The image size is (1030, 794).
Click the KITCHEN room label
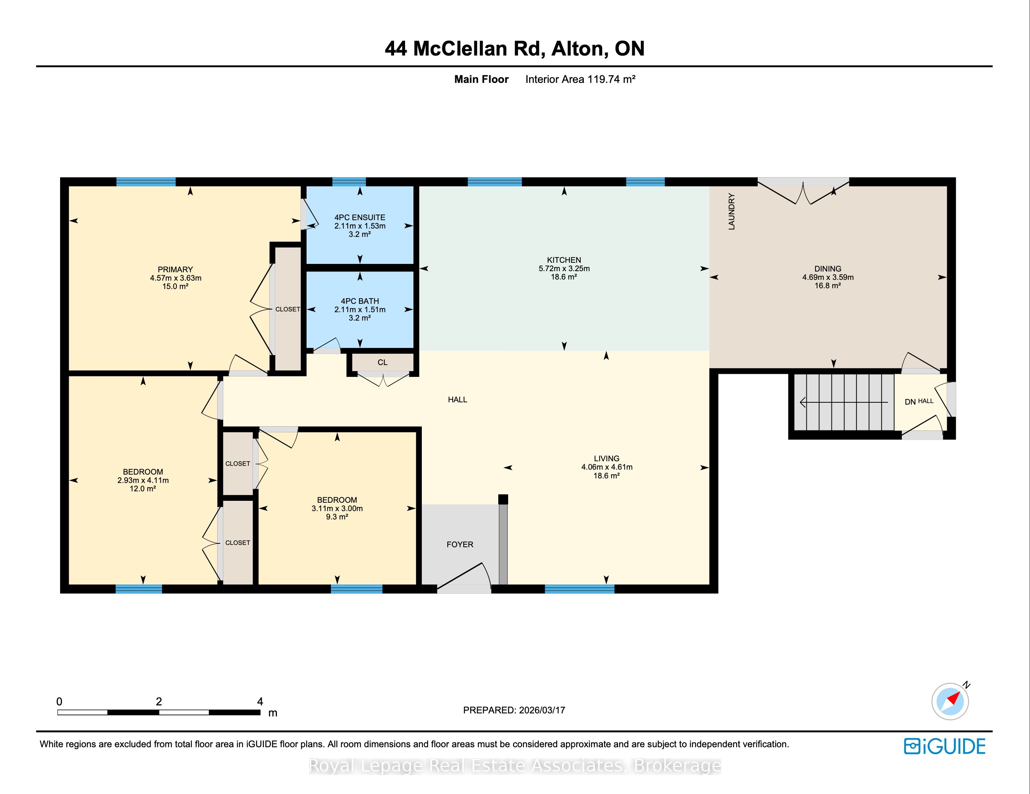[564, 260]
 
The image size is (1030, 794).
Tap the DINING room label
[828, 269]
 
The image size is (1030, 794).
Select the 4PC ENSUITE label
[360, 218]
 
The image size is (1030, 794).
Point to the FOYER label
[460, 544]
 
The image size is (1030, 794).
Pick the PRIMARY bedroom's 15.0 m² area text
[175, 286]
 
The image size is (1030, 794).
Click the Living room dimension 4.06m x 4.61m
[607, 467]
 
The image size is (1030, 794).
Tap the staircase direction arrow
[844, 402]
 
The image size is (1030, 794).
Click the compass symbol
[950, 701]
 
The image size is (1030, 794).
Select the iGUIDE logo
[945, 746]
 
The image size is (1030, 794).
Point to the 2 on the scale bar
[159, 702]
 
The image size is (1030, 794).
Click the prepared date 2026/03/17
[542, 710]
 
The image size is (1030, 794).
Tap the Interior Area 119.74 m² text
[580, 79]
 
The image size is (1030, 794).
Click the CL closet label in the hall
[383, 362]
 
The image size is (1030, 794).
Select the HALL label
[458, 399]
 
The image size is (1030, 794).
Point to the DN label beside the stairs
[910, 402]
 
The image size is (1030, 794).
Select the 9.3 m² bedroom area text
[337, 517]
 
